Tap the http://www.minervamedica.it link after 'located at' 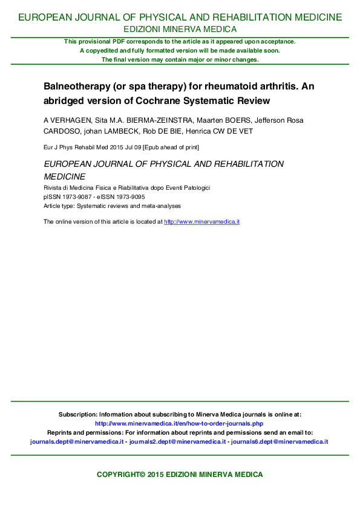(x=202, y=222)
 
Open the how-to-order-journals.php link (x=179, y=424)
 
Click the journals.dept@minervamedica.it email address (x=77, y=442)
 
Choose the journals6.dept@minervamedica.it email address (x=280, y=442)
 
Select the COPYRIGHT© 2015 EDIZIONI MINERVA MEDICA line (x=180, y=475)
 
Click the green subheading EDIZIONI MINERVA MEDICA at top (x=180, y=29)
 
